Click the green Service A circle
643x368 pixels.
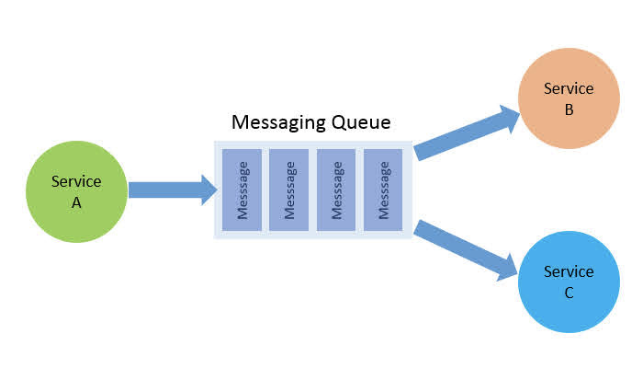tap(76, 191)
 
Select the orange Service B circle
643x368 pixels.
tap(569, 98)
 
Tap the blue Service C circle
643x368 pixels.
tap(569, 282)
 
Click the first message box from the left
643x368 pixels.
tap(242, 190)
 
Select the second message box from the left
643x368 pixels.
tap(288, 190)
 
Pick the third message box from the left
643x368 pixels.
tap(336, 190)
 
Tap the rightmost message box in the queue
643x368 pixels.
tap(383, 190)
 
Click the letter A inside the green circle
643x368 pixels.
tap(76, 203)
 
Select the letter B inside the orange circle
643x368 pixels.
tap(569, 110)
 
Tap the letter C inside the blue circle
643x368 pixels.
tap(569, 293)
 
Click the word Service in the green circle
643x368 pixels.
tap(76, 182)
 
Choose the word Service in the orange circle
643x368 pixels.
tap(569, 89)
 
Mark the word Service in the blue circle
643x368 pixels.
tap(569, 271)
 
